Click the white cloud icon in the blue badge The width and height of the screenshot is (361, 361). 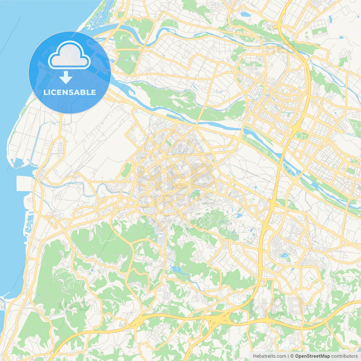click(x=69, y=55)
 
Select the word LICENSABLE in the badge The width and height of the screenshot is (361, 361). click(x=70, y=92)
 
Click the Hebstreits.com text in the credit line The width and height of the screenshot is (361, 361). click(x=269, y=356)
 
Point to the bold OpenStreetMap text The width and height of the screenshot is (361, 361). click(x=312, y=356)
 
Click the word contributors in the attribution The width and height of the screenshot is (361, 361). click(x=344, y=356)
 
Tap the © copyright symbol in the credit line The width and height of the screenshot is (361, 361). click(x=292, y=356)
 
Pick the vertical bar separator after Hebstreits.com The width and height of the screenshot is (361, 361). click(x=288, y=356)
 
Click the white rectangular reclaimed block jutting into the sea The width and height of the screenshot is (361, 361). click(x=25, y=184)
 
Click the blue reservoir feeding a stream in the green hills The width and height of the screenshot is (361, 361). click(x=177, y=270)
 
